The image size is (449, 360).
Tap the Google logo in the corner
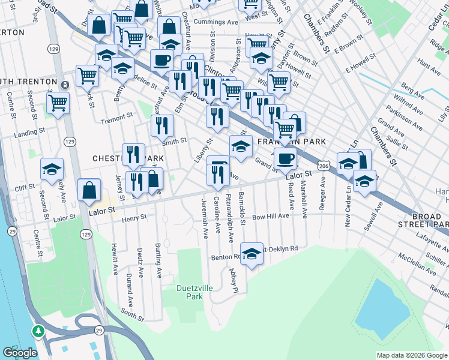(x=19, y=353)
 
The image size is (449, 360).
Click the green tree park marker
(x=38, y=331)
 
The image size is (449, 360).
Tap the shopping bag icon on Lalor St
(x=89, y=190)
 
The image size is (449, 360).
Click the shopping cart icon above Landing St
(x=58, y=103)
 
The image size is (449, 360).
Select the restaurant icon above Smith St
(x=162, y=125)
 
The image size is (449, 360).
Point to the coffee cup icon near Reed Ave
(x=286, y=159)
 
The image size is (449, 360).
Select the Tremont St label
(x=116, y=116)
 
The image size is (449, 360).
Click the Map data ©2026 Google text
(x=411, y=355)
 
